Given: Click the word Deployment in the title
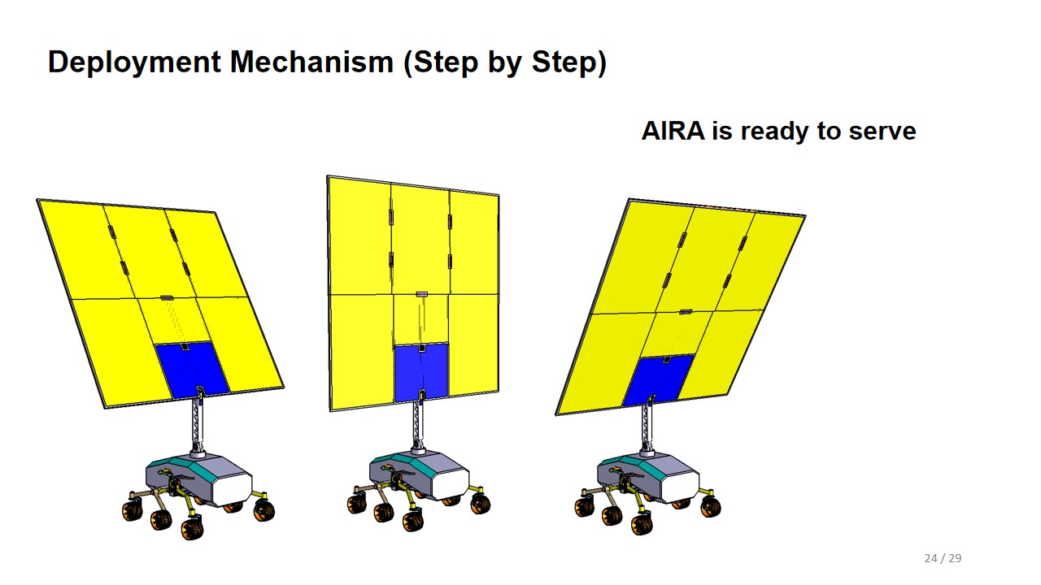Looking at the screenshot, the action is [134, 63].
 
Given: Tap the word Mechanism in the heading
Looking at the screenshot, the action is [311, 62].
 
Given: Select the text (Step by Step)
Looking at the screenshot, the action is [505, 63].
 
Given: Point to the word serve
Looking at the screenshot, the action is [882, 132].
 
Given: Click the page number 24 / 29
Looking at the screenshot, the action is [943, 558].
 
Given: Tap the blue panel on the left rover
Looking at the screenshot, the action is [191, 370].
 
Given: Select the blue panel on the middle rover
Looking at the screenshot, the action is [421, 372].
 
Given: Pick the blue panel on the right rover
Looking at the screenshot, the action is [660, 379].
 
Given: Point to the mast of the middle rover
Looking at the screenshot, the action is [418, 425].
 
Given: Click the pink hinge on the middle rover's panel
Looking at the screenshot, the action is [421, 294].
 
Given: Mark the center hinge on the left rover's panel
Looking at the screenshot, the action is [167, 297].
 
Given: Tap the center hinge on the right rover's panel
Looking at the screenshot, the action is [686, 311].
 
